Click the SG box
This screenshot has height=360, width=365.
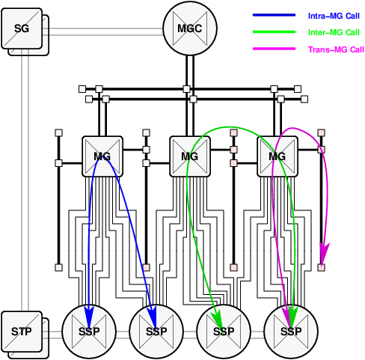22,28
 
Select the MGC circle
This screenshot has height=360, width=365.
189,28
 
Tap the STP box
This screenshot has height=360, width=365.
22,331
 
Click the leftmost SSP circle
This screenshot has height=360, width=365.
88,331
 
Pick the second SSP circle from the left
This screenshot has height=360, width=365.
156,331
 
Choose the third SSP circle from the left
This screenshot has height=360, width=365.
222,331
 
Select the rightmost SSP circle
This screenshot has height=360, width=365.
290,331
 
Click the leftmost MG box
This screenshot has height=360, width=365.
102,156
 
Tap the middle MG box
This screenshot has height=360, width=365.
189,156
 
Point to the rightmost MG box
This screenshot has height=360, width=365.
277,156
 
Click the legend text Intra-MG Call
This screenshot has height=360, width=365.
334,15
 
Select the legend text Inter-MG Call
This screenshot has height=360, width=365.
334,32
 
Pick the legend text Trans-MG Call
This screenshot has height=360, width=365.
336,49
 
